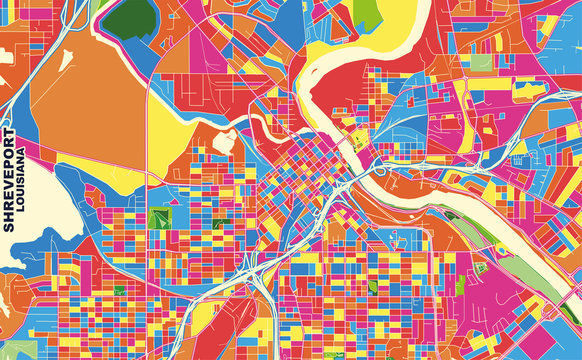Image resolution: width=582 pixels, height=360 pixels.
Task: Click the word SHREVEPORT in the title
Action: point(10,180)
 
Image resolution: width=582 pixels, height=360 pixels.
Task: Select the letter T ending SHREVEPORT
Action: point(10,132)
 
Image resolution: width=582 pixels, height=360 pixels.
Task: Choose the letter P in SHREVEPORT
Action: point(10,163)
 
